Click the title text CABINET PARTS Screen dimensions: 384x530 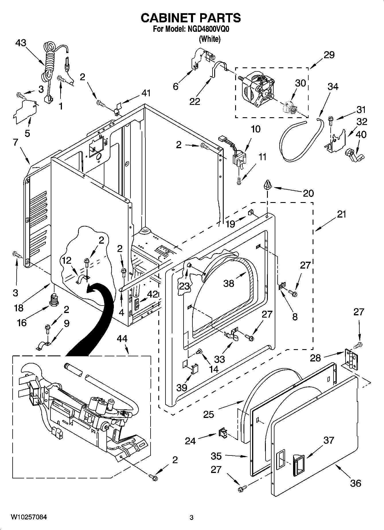pos(191,18)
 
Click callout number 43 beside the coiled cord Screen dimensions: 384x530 pos(21,43)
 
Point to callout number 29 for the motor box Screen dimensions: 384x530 pos(329,55)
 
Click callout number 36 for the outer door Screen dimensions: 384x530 pos(356,483)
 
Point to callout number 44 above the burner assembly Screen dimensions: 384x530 pos(122,339)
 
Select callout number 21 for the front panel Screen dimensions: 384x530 pos(342,214)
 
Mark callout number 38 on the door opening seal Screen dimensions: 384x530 pos(229,283)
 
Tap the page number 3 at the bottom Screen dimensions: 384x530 pos(192,517)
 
